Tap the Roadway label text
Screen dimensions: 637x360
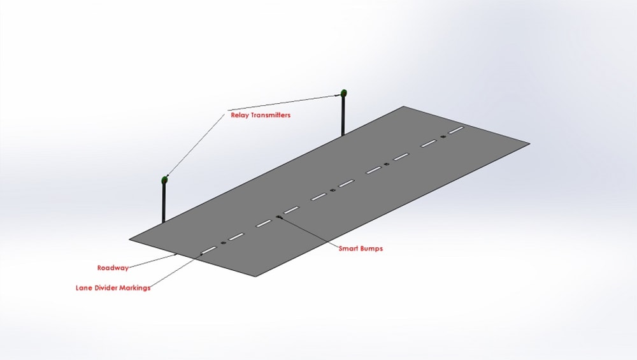pos(113,268)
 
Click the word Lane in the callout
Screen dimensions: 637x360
pos(84,287)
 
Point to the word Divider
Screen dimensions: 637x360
pos(110,287)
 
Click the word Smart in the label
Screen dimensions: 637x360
pos(350,248)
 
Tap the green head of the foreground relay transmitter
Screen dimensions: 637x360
pos(164,179)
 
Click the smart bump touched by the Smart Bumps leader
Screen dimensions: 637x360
pos(279,217)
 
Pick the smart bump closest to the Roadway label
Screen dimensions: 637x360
pos(223,242)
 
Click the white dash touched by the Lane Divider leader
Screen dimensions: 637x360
pos(208,250)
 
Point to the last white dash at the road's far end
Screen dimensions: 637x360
pos(455,131)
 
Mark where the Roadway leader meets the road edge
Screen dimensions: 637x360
pos(176,255)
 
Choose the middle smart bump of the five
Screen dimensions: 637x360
pos(333,191)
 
